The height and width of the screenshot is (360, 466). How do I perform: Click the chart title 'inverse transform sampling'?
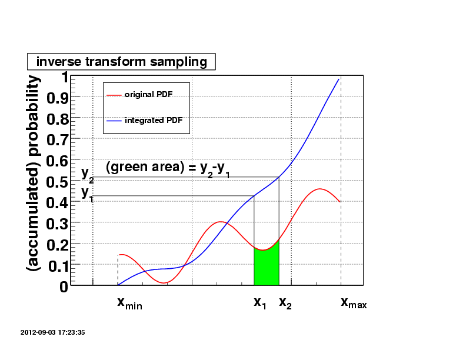pyautogui.click(x=121, y=62)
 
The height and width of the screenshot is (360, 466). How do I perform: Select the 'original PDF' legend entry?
pyautogui.click(x=148, y=94)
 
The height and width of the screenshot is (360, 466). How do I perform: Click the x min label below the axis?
pyautogui.click(x=129, y=303)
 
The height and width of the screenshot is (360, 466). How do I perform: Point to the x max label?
pyautogui.click(x=354, y=303)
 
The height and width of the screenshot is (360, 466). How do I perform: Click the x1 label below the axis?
pyautogui.click(x=260, y=303)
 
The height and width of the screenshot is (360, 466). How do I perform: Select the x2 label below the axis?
pyautogui.click(x=285, y=303)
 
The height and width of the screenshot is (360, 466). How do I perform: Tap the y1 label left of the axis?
pyautogui.click(x=87, y=192)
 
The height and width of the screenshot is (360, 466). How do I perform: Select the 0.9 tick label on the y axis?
pyautogui.click(x=57, y=98)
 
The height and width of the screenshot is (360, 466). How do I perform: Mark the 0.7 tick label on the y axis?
pyautogui.click(x=57, y=140)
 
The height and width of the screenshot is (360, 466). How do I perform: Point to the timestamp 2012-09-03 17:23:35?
pyautogui.click(x=53, y=332)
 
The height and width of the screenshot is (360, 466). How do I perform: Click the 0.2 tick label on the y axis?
pyautogui.click(x=57, y=245)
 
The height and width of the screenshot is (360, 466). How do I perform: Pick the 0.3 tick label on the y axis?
pyautogui.click(x=57, y=224)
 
